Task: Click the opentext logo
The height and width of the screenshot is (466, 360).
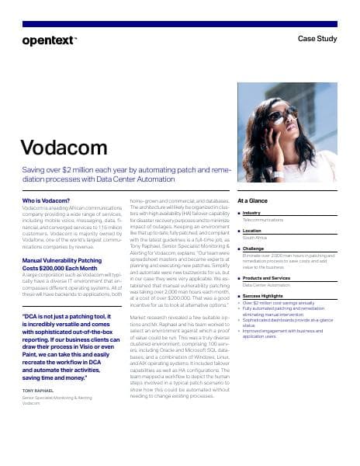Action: pyautogui.click(x=50, y=40)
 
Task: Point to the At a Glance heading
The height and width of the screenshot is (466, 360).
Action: pyautogui.click(x=253, y=200)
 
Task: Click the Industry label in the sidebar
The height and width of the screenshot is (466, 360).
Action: pyautogui.click(x=252, y=213)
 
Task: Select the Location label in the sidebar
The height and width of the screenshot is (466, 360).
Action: pyautogui.click(x=252, y=231)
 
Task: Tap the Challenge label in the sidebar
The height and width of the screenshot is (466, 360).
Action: pyautogui.click(x=254, y=249)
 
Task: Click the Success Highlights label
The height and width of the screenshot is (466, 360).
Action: pyautogui.click(x=266, y=296)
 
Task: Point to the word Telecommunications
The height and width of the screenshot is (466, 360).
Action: pyautogui.click(x=264, y=220)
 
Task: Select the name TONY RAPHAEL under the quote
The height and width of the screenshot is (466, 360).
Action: pyautogui.click(x=39, y=390)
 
